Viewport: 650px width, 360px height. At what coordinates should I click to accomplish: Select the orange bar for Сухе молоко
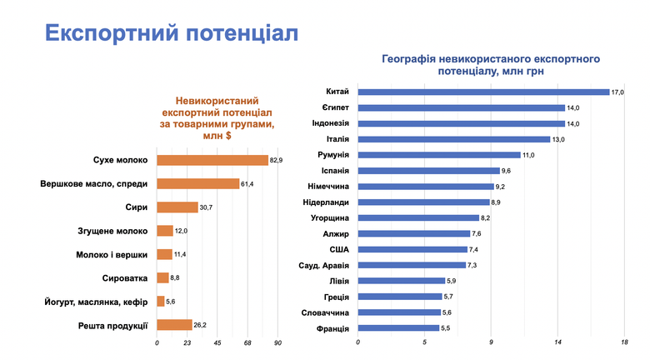(212, 160)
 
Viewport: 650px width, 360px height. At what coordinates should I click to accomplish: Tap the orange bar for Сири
(177, 207)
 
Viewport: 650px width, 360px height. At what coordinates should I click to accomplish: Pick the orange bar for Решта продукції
(174, 325)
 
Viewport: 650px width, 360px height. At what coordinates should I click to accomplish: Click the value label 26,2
(201, 325)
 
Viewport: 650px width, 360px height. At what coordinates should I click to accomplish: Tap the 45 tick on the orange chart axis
(217, 343)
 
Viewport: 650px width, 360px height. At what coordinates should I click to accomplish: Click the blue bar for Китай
(483, 92)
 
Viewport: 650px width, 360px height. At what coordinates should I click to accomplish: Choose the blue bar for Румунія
(439, 155)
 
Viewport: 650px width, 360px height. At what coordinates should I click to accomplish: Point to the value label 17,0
(617, 92)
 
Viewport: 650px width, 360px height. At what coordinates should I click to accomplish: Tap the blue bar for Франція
(398, 328)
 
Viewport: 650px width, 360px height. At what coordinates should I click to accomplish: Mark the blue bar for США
(412, 249)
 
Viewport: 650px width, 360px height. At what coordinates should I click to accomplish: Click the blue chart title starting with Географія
(491, 66)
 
